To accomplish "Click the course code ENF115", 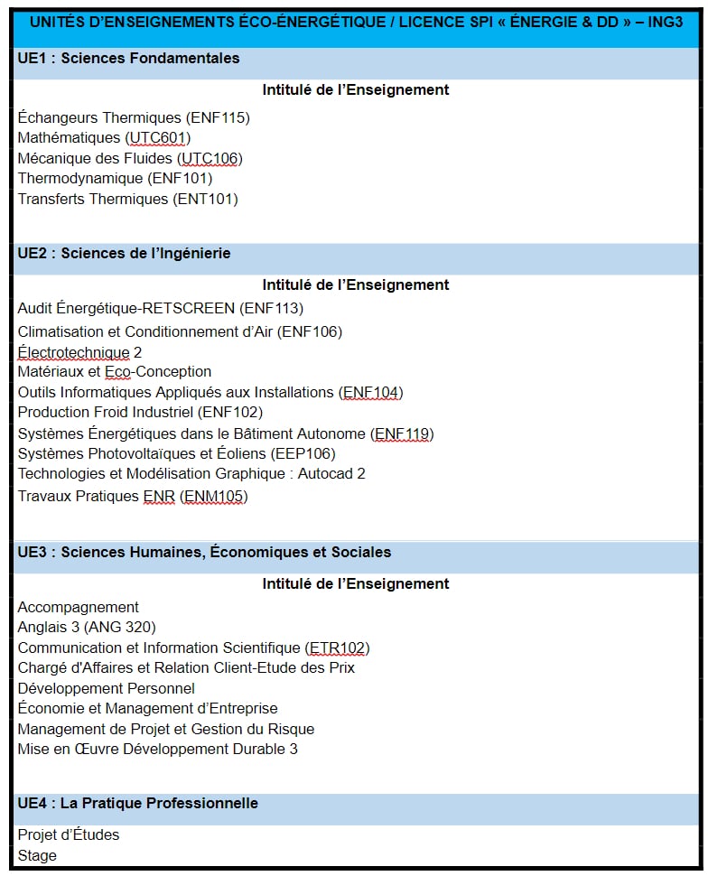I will click(218, 117).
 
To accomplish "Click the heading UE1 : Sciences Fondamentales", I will click(128, 59).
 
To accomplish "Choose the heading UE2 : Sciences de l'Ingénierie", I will click(124, 254).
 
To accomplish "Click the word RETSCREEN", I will click(191, 309).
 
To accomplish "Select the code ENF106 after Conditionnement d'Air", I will click(310, 331).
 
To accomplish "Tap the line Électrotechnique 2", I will click(79, 352).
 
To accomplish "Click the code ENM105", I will click(214, 496).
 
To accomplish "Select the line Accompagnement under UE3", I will click(79, 607).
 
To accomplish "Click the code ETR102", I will click(339, 648).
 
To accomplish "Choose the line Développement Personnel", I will click(106, 688).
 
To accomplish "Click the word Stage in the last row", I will click(37, 855).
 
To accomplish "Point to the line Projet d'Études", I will click(69, 834).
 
